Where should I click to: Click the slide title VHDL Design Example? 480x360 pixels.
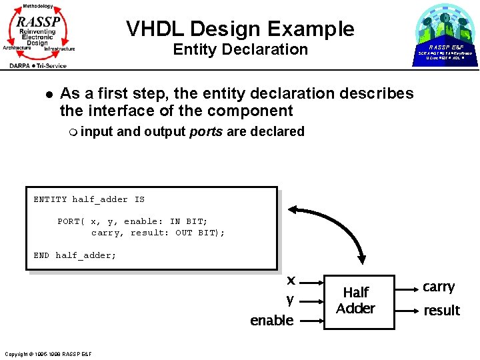click(x=240, y=29)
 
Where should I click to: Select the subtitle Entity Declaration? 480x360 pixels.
click(x=240, y=49)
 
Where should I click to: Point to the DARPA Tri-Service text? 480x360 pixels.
click(x=38, y=65)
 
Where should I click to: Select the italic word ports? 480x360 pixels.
click(x=206, y=131)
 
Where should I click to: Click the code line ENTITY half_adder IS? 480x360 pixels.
click(x=89, y=199)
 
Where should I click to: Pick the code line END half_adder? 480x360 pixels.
click(x=75, y=255)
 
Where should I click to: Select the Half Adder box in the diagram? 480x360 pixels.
click(x=355, y=301)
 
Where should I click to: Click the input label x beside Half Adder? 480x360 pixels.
click(x=291, y=280)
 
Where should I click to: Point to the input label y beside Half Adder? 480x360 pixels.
click(x=290, y=300)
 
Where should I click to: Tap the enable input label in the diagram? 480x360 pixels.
click(x=271, y=321)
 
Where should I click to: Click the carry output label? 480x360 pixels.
click(x=439, y=287)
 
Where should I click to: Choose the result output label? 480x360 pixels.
click(x=441, y=311)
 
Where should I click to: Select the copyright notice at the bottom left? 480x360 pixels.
click(x=47, y=353)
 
